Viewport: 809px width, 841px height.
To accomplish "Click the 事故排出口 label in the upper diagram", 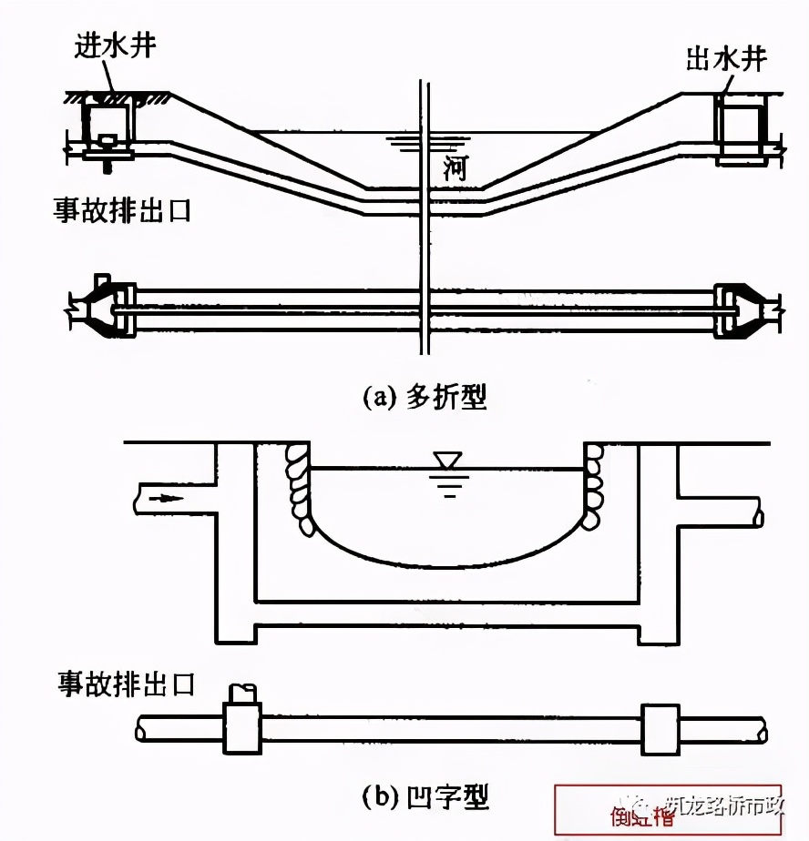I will (x=122, y=211).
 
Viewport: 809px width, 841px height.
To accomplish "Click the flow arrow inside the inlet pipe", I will (x=167, y=498).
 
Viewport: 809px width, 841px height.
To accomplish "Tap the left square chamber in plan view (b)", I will (x=243, y=729).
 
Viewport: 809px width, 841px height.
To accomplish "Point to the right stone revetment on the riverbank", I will (x=595, y=487).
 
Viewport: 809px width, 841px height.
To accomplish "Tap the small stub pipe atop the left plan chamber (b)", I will (x=244, y=694).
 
